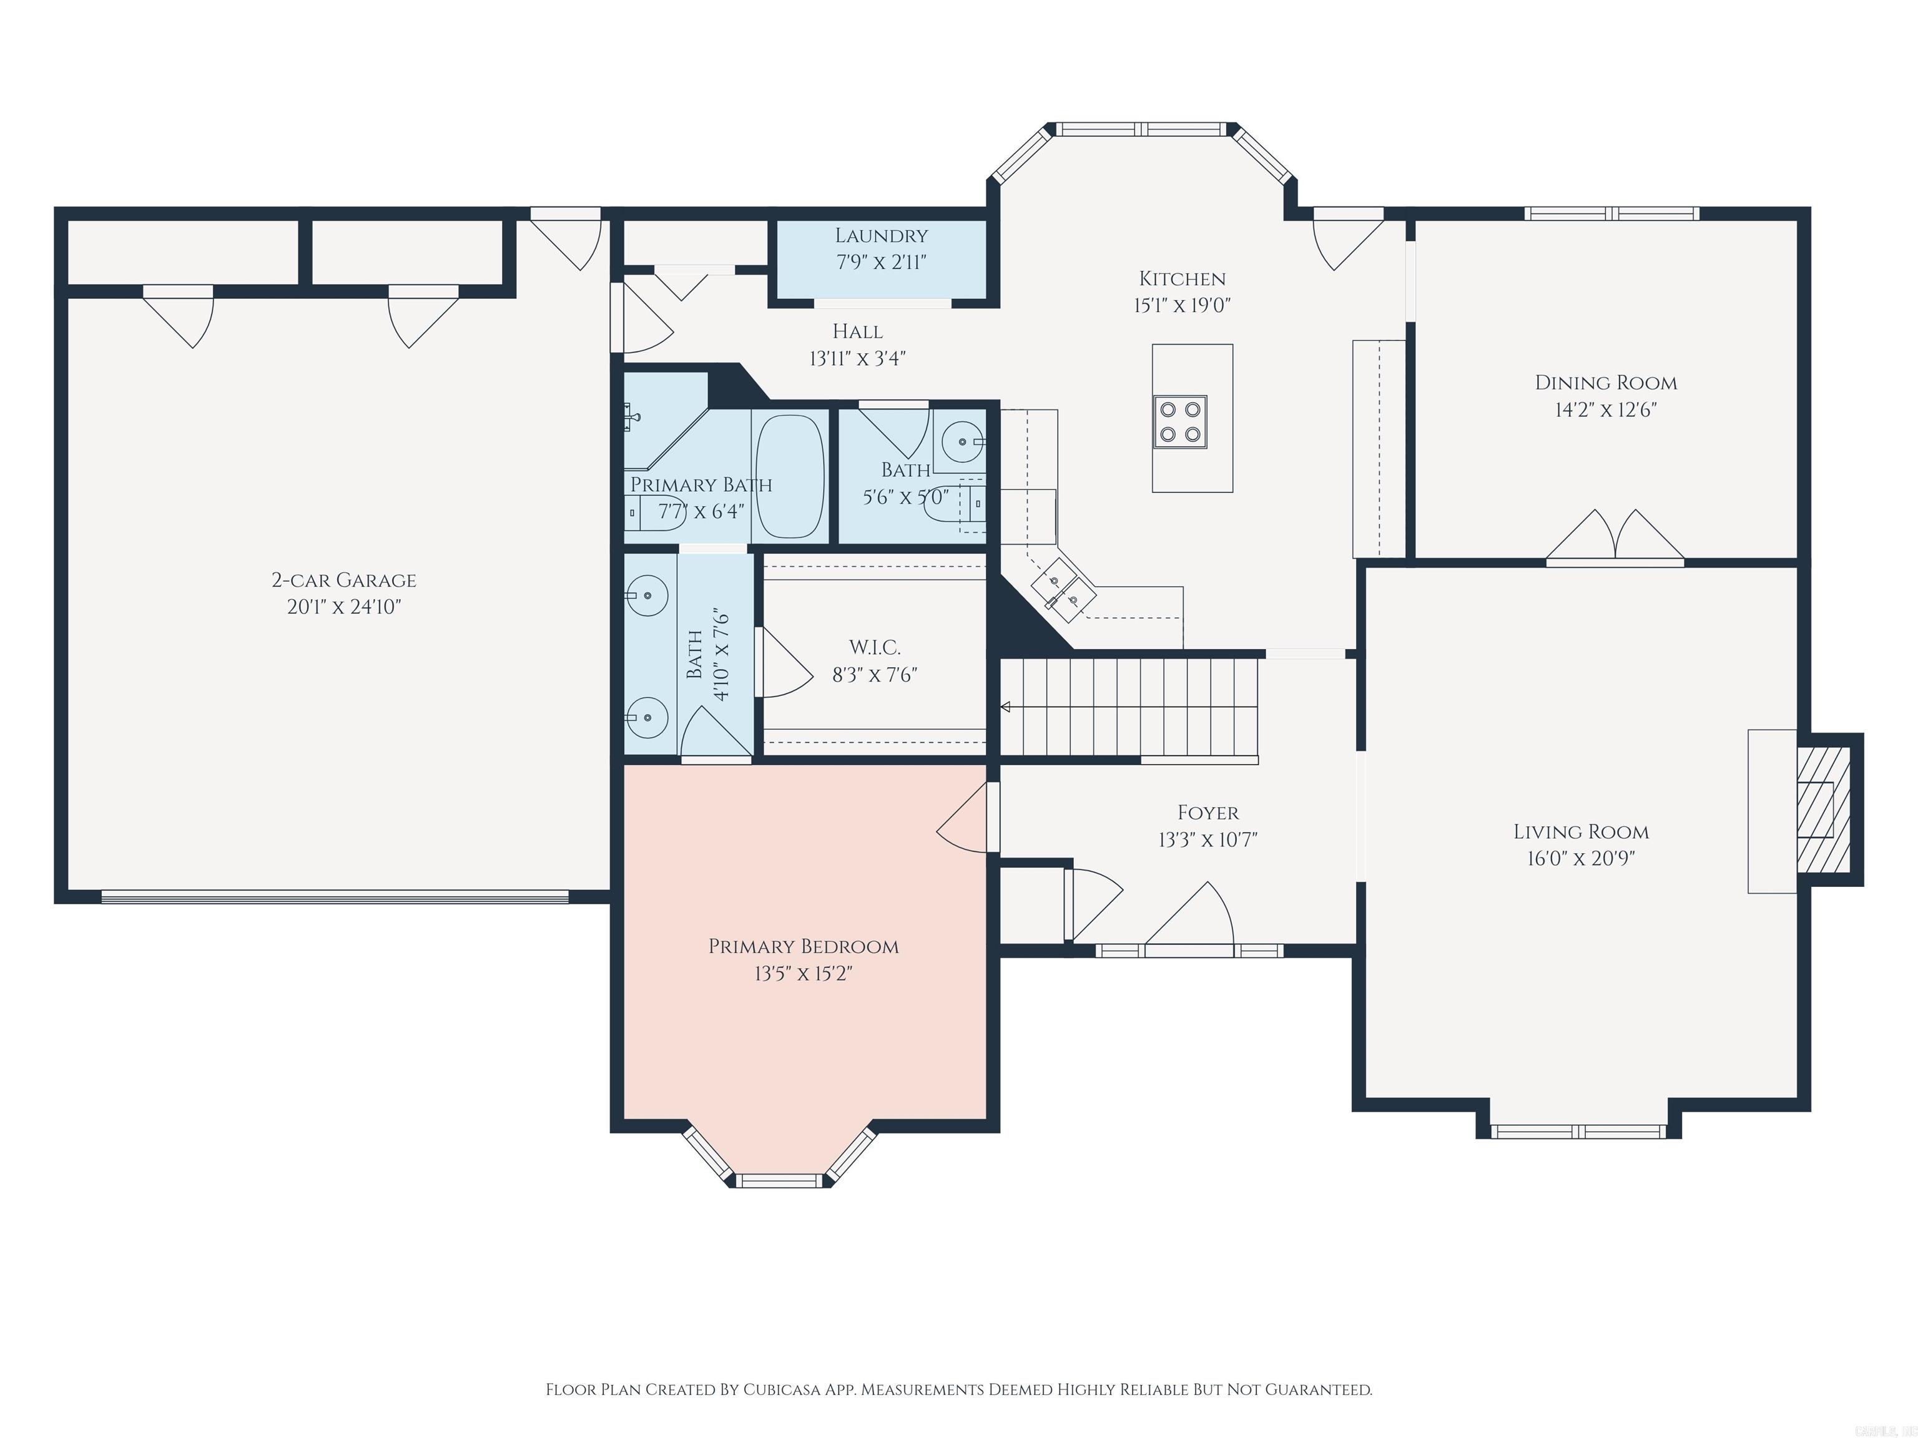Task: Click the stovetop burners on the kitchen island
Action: pos(1179,422)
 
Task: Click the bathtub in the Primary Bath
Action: pos(790,477)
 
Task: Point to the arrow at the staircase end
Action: pos(1006,707)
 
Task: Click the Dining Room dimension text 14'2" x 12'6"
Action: pos(1605,410)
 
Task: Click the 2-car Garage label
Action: pos(344,580)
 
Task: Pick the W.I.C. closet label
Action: pos(874,647)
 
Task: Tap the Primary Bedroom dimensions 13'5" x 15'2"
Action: pos(803,974)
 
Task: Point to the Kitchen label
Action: pos(1182,279)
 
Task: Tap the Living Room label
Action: pos(1581,832)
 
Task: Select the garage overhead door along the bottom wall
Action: pos(335,896)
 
